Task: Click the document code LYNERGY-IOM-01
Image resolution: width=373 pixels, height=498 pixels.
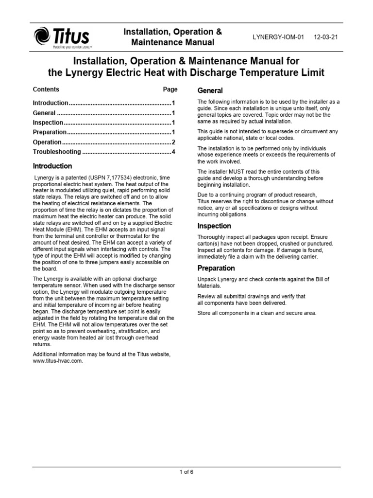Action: (278, 37)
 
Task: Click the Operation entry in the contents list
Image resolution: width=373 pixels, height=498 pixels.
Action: (47, 142)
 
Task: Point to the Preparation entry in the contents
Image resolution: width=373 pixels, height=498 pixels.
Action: (50, 132)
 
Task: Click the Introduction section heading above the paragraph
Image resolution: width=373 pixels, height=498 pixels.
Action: (52, 166)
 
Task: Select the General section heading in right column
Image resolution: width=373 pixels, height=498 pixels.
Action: (210, 90)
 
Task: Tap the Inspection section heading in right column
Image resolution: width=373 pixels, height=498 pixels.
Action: (214, 226)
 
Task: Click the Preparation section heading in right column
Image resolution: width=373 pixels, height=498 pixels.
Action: (216, 268)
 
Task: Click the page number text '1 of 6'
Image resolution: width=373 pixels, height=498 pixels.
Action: (186, 471)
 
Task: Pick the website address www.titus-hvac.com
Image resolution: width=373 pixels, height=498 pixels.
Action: (54, 360)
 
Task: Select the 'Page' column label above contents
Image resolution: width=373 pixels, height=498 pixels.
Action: (170, 89)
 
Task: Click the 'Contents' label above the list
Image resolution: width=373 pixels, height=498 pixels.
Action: (46, 89)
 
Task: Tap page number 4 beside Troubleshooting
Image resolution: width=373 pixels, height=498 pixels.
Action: (173, 152)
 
